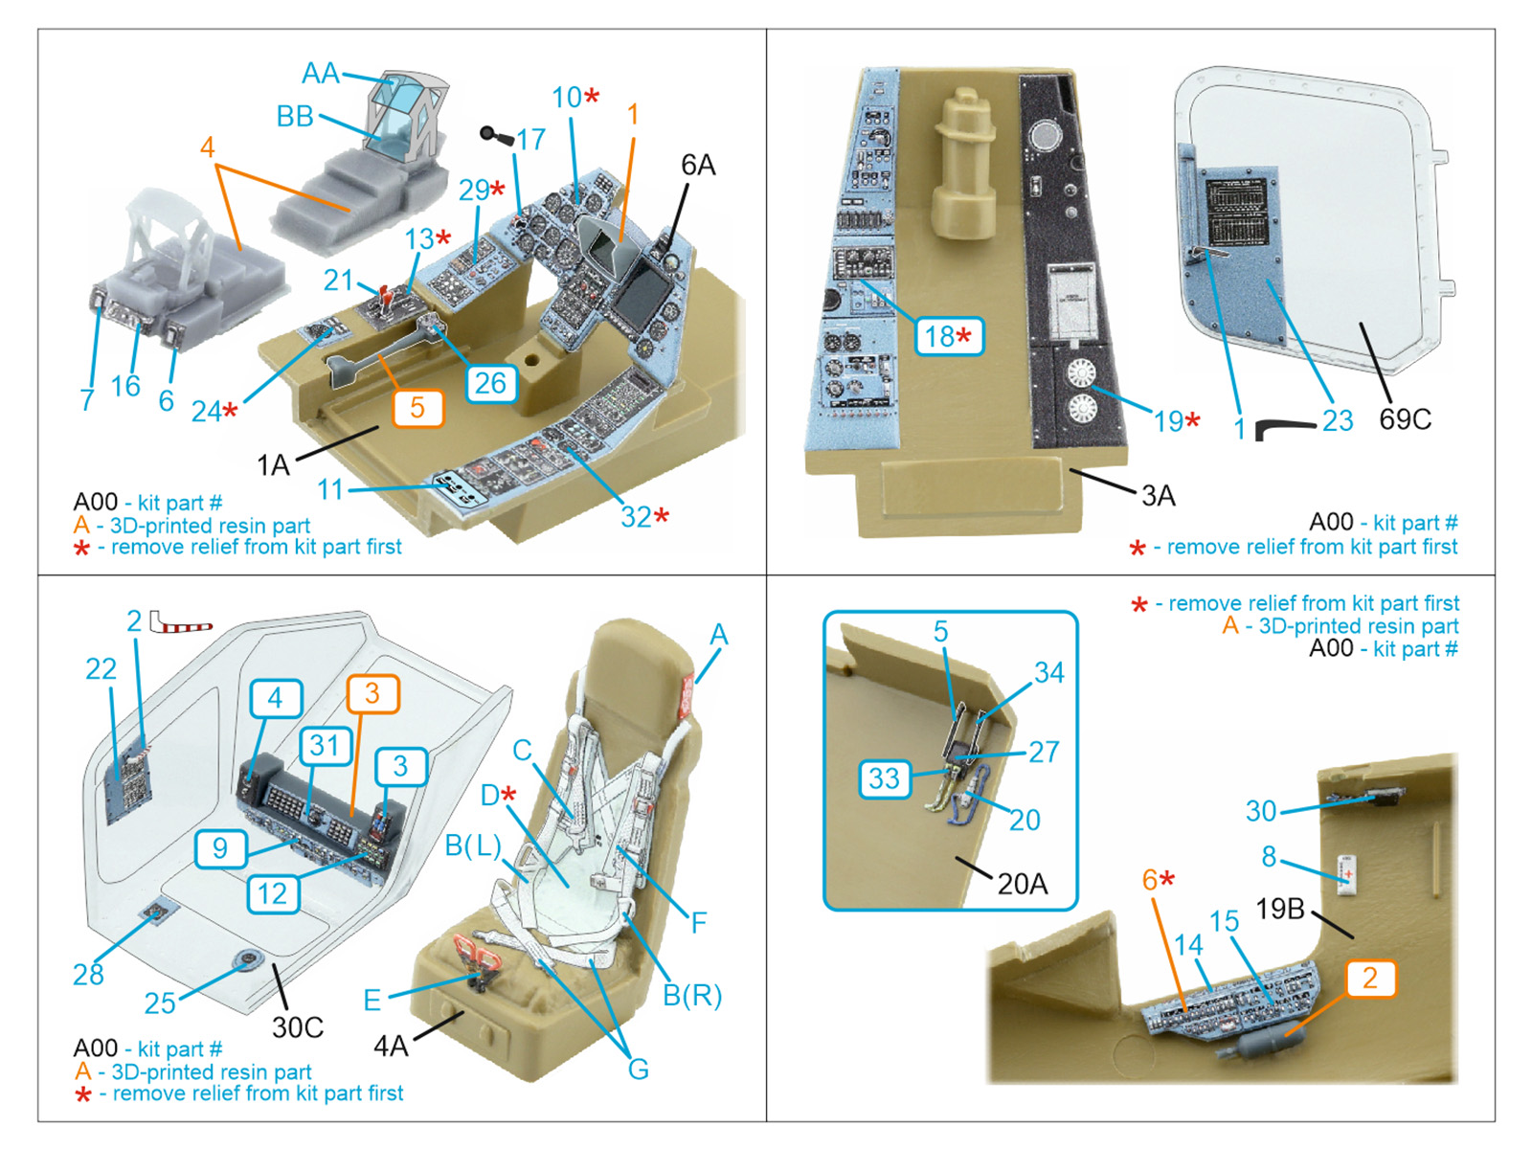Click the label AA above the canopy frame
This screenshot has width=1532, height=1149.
click(320, 74)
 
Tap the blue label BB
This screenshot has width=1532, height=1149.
click(295, 116)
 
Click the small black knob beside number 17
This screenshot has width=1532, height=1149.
click(494, 135)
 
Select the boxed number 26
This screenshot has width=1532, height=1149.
click(490, 383)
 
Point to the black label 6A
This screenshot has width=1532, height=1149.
click(698, 166)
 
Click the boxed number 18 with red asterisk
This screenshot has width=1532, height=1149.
click(948, 336)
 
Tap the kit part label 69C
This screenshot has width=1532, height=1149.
click(1405, 419)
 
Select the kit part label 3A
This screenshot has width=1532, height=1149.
click(1158, 496)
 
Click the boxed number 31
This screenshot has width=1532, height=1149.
click(325, 745)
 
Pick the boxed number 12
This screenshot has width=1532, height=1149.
click(272, 894)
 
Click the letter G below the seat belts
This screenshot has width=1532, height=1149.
click(638, 1069)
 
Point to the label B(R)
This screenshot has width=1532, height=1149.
click(691, 996)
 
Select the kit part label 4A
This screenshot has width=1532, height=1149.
click(391, 1047)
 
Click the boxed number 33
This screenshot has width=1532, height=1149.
click(884, 778)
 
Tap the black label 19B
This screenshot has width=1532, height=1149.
click(1280, 908)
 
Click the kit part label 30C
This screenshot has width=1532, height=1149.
click(298, 1027)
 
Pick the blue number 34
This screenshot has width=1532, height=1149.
click(1048, 673)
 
